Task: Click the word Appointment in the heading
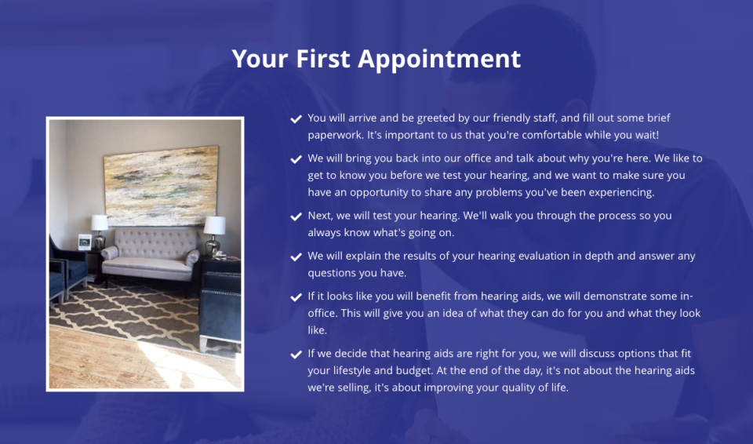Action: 439,60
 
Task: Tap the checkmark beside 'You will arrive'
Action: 296,118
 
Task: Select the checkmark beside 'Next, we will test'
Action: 296,217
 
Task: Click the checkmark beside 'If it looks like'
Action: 296,297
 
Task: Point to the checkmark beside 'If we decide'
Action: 296,355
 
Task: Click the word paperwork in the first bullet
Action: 335,136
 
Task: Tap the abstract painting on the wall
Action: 161,186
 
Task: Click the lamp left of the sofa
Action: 100,231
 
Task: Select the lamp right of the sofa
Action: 214,235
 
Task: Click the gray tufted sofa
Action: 151,256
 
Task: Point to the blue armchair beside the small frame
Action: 66,267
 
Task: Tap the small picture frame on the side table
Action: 85,242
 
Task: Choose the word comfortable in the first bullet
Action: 551,135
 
